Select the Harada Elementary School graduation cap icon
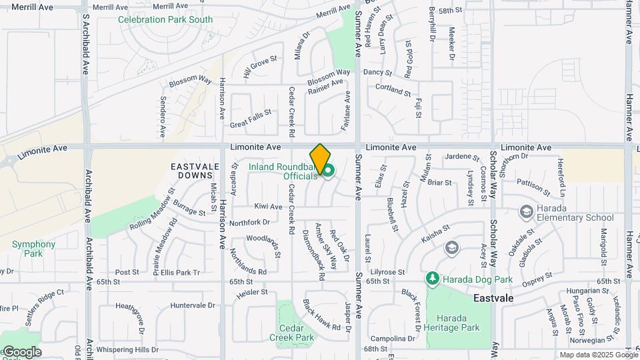coord(526,211)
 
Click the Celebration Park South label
coord(165,20)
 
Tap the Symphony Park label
coord(29,249)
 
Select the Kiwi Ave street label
coord(268,207)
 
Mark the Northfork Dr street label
coord(249,222)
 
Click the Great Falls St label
coord(251,119)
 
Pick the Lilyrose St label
coord(388,272)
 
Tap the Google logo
coord(21,352)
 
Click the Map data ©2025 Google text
coord(598,355)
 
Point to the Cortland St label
coord(393,89)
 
